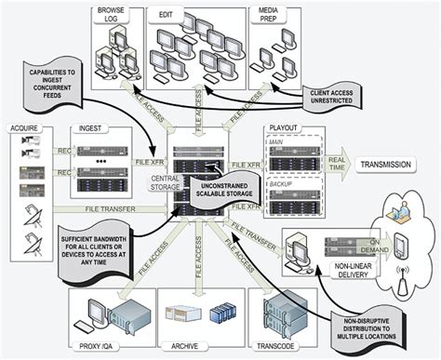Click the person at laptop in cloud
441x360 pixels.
point(408,210)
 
